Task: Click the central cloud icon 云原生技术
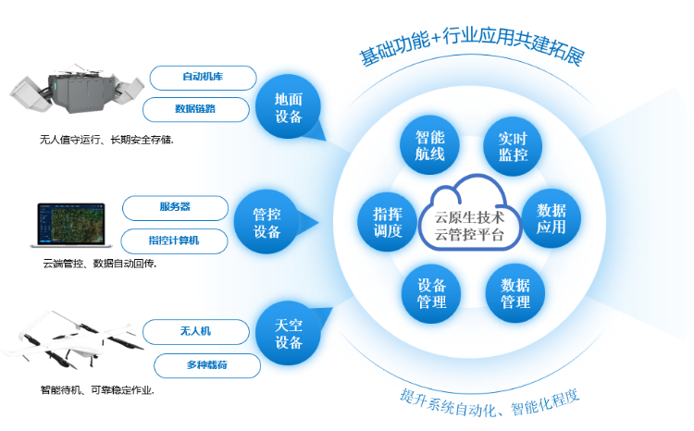click(468, 216)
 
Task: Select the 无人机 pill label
click(195, 330)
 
